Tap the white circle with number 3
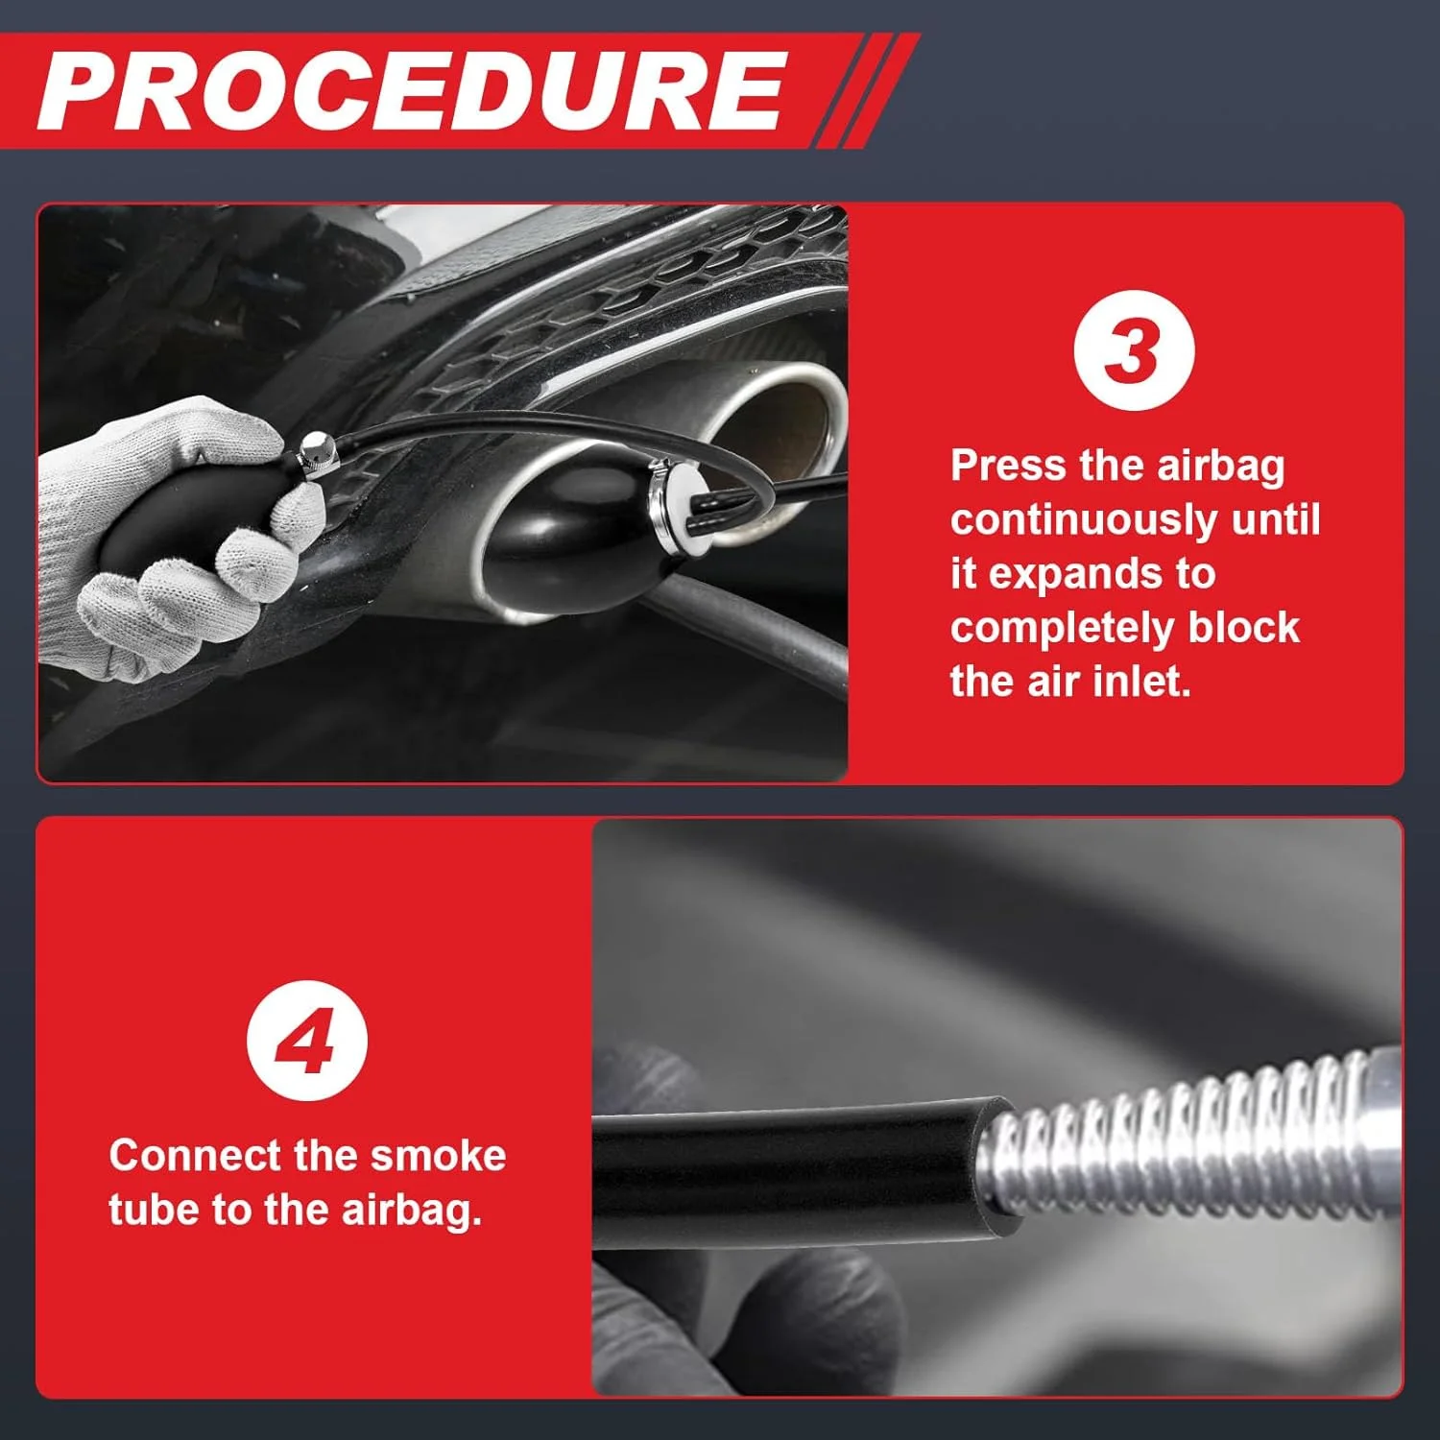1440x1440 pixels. coord(1134,350)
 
